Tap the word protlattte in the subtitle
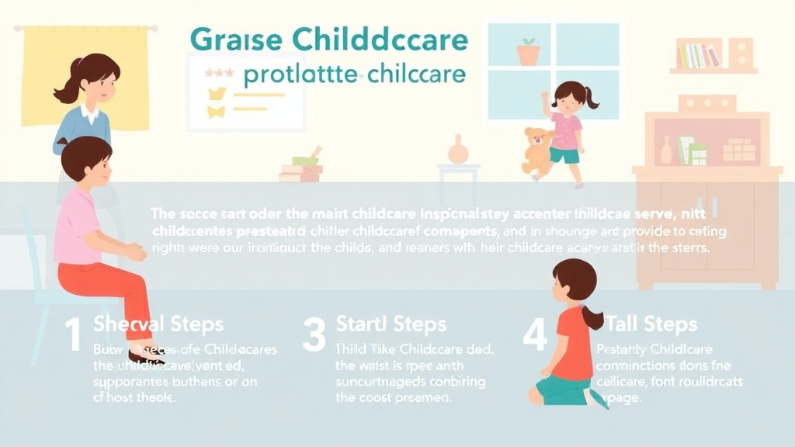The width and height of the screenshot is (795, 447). coord(300,75)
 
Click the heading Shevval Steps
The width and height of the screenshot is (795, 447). coord(158,324)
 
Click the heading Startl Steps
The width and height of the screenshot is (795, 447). coord(391,324)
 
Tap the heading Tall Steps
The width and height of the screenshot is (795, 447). coord(651,324)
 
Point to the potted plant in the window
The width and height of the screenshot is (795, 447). coord(529,51)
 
